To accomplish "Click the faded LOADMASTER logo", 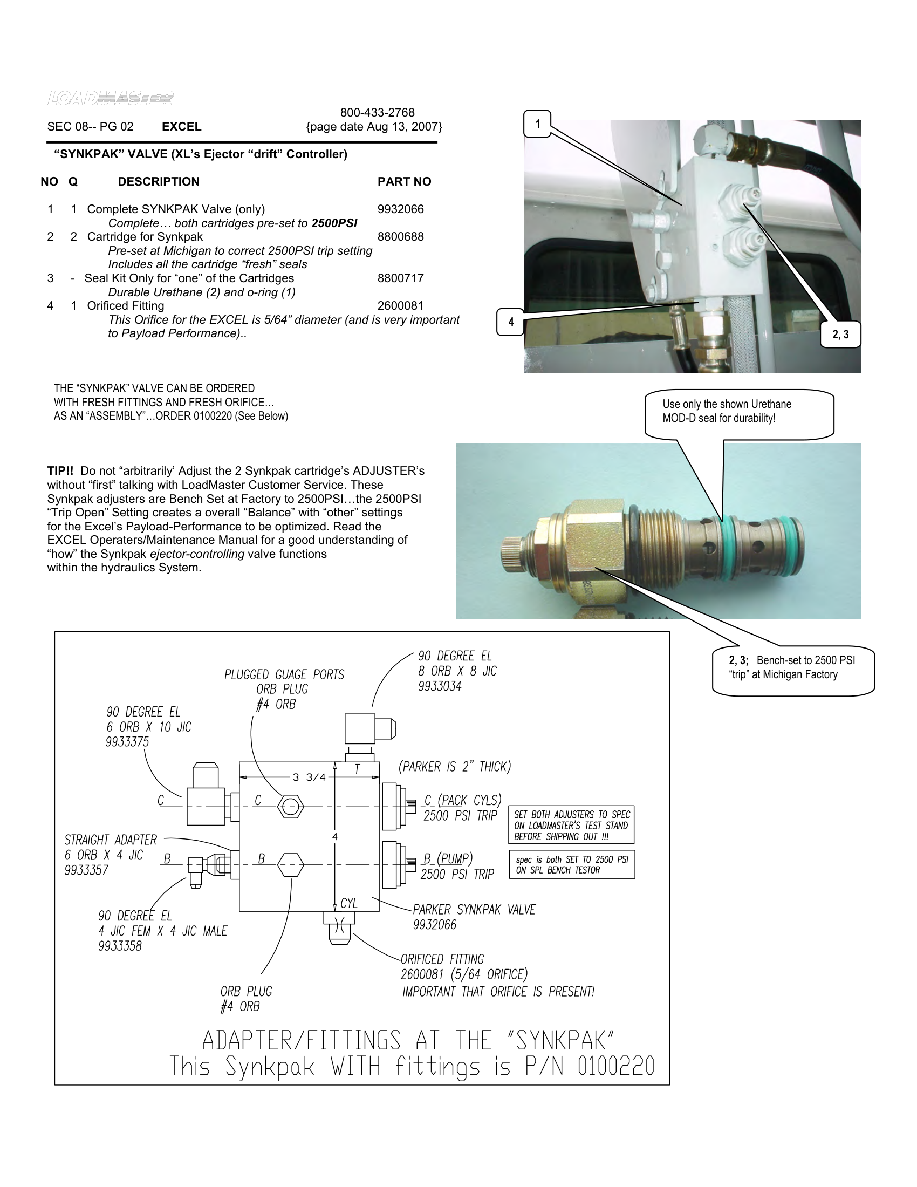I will click(x=110, y=98).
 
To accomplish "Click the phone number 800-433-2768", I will click(x=377, y=113).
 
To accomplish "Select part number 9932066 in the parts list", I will click(x=400, y=209).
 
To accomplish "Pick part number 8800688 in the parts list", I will click(x=400, y=237).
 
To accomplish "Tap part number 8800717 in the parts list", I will click(x=400, y=278).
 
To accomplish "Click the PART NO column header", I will click(x=404, y=181).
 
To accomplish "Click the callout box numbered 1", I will click(x=537, y=124).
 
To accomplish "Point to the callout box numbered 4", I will click(x=510, y=322).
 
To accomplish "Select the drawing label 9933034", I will click(x=440, y=686).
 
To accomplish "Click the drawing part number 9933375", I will click(x=127, y=742).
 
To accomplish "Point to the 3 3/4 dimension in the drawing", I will click(x=309, y=777).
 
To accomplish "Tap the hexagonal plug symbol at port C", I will click(x=290, y=807).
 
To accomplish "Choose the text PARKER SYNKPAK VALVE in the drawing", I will click(x=474, y=909).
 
